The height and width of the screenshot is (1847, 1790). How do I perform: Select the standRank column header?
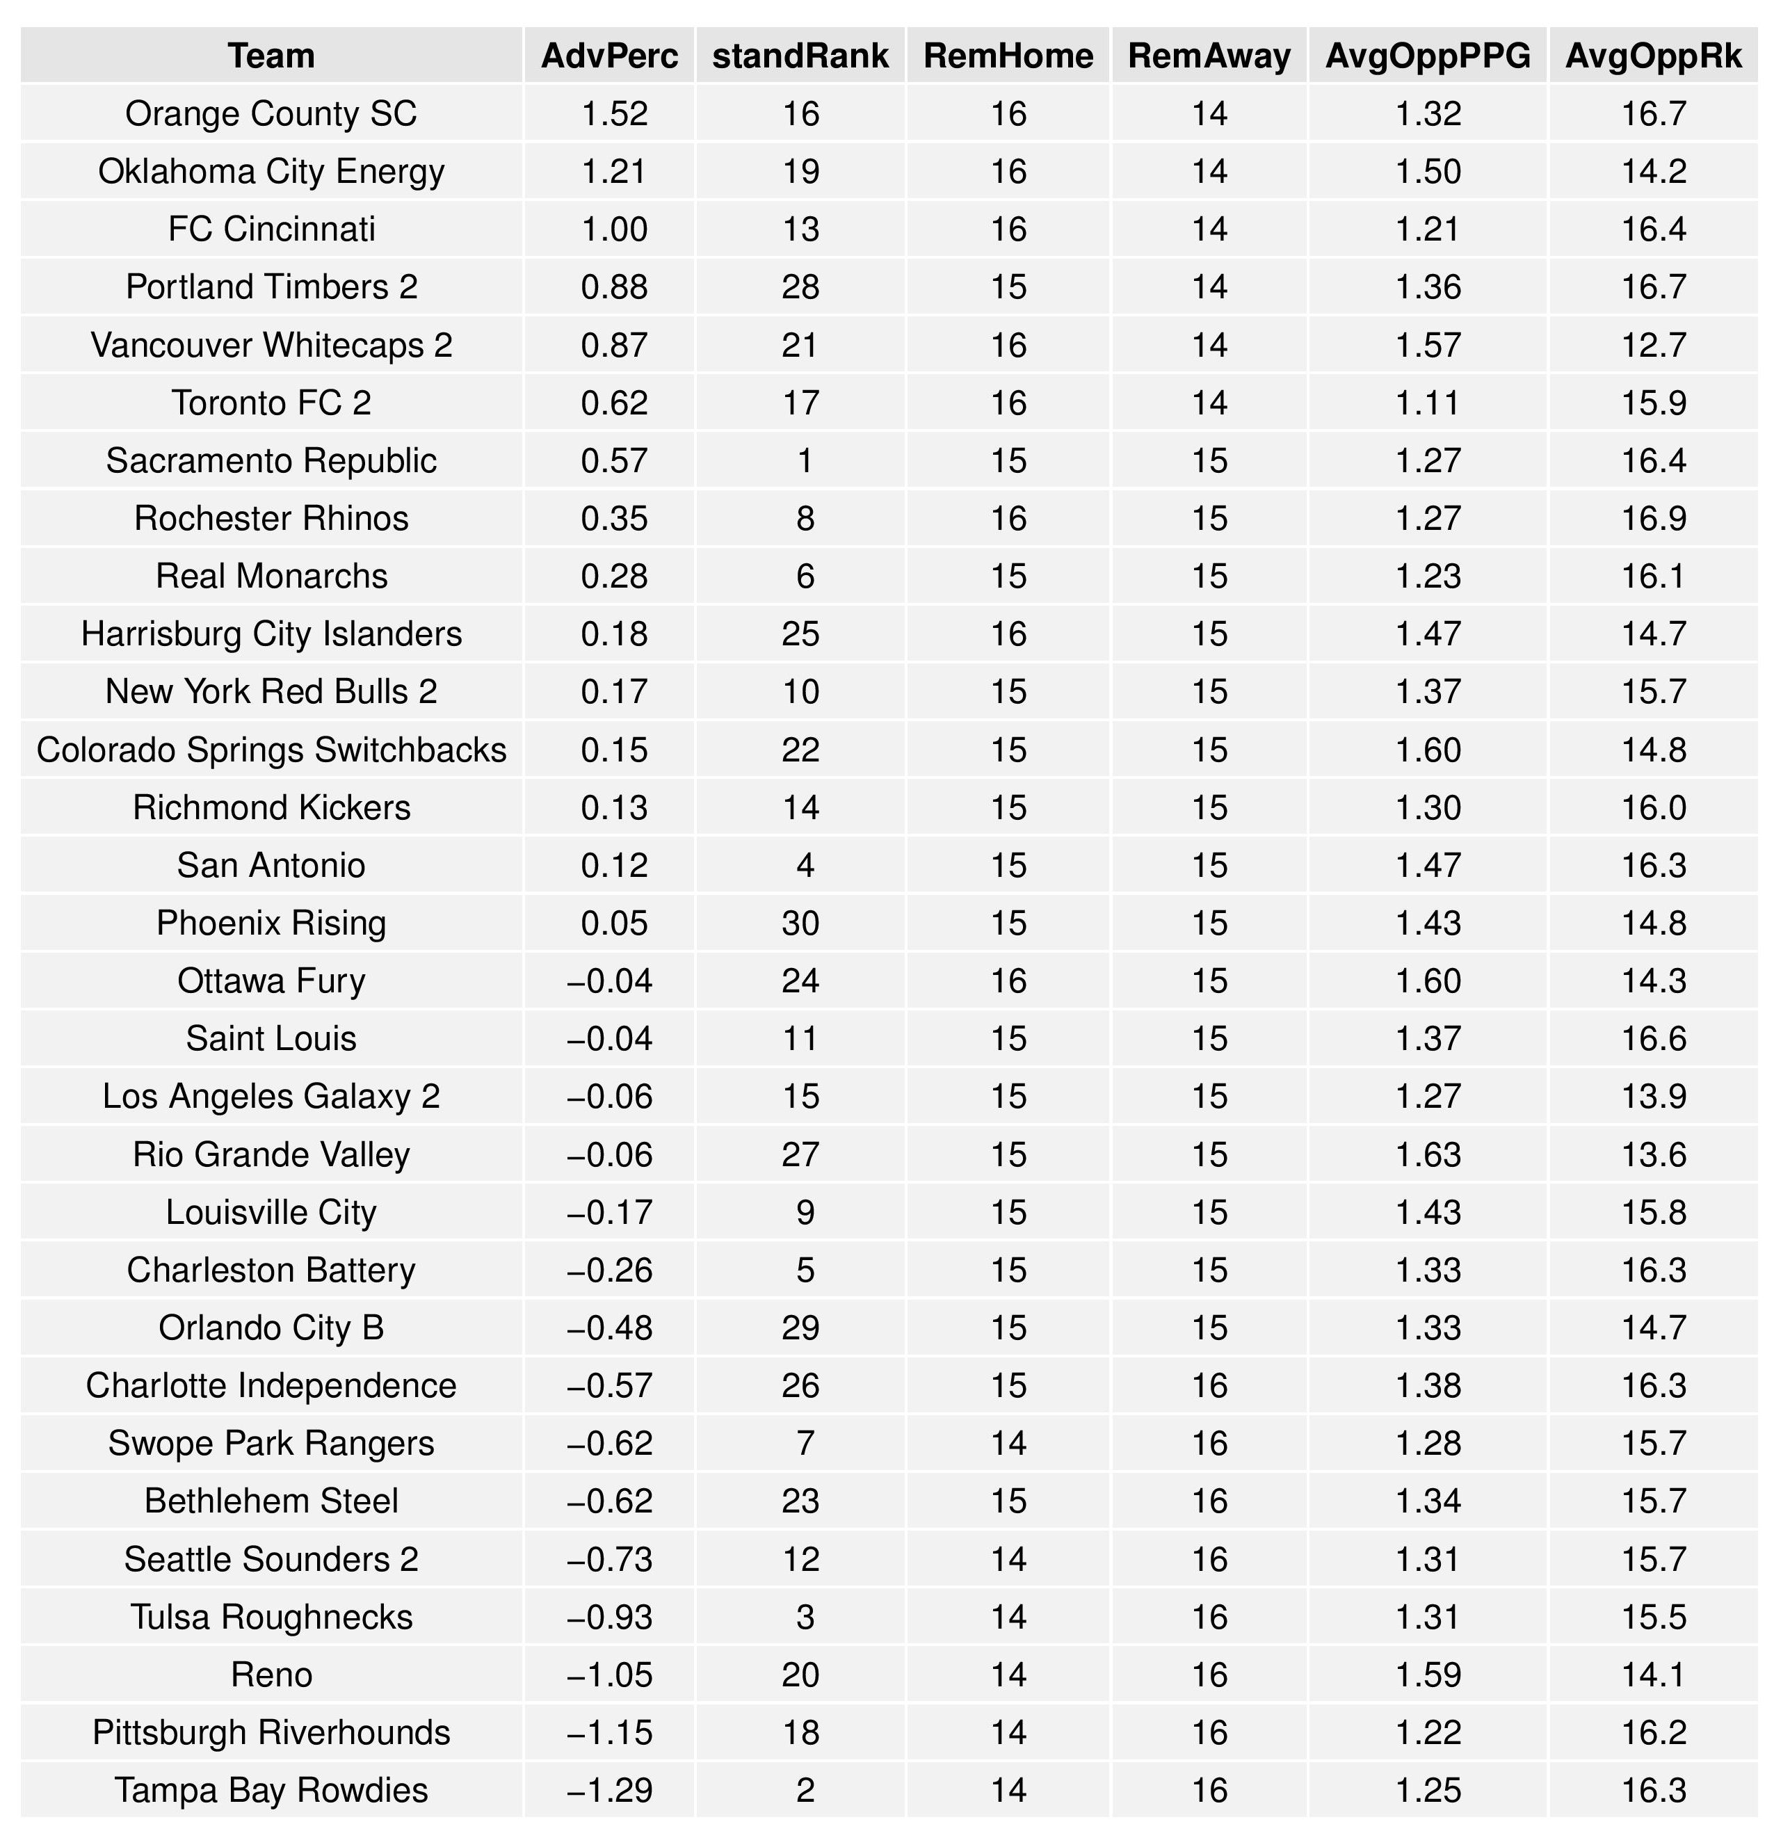[800, 56]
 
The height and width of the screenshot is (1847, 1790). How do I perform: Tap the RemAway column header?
[1209, 56]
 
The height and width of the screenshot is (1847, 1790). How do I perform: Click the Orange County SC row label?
[271, 114]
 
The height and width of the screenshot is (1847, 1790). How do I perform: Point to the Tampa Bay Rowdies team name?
[271, 1791]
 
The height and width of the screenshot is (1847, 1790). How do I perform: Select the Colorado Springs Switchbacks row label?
[271, 750]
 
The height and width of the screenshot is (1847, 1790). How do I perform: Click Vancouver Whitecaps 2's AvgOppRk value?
[1653, 345]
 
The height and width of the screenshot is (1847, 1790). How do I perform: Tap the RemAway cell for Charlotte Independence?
[1209, 1386]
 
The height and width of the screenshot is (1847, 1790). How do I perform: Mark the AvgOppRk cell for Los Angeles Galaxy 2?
[1653, 1097]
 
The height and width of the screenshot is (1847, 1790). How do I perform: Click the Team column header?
[271, 56]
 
